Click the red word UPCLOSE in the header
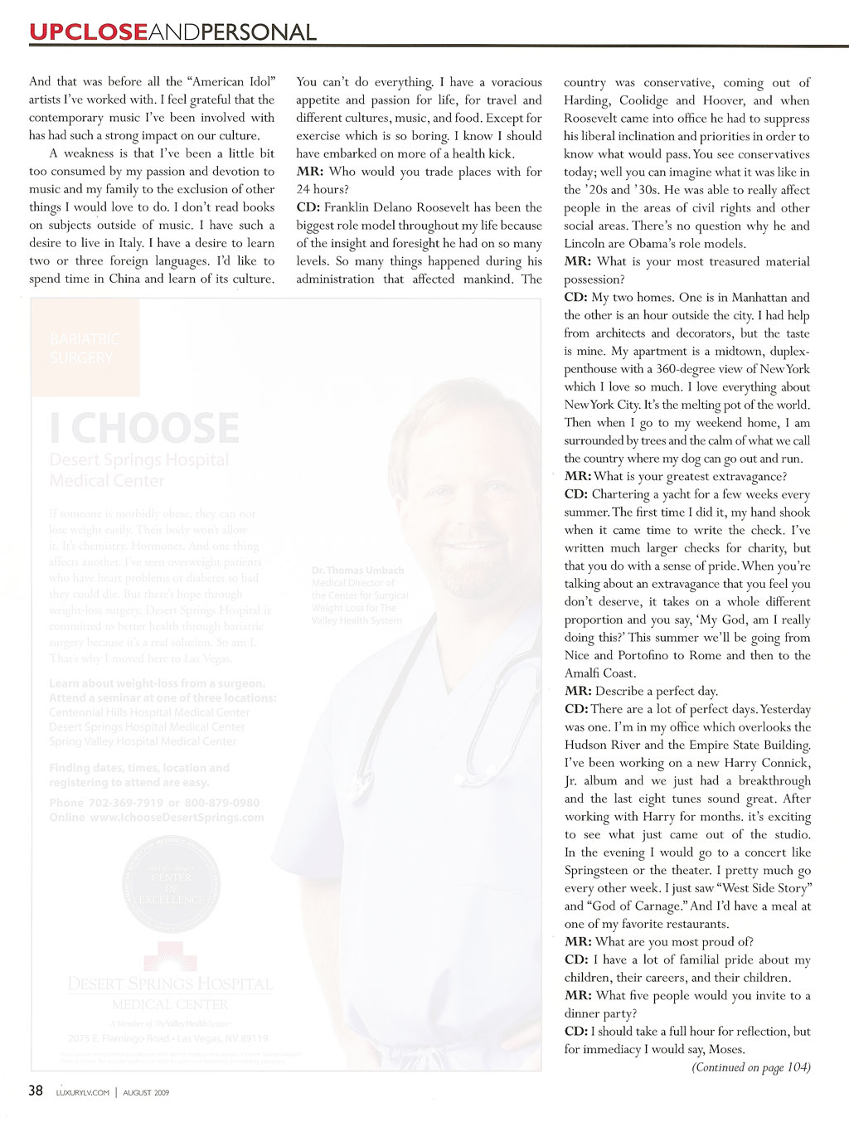tap(88, 32)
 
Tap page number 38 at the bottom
tap(36, 1090)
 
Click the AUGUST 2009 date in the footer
tap(146, 1093)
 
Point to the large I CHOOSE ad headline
tap(144, 428)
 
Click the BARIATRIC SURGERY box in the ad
tap(85, 348)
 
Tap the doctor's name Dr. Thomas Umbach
tap(357, 571)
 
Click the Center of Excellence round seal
tap(171, 888)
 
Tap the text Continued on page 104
tap(751, 1067)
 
